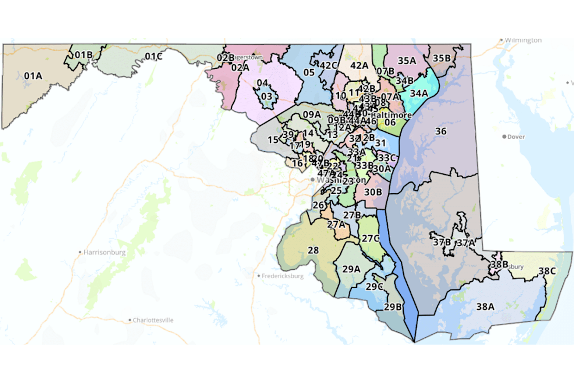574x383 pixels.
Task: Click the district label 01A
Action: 33,76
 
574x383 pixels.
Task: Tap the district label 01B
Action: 84,55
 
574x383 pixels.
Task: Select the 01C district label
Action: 153,56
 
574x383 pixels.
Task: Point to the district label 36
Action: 440,131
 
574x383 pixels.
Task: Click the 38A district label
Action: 485,306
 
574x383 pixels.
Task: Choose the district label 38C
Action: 547,271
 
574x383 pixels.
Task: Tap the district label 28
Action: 313,250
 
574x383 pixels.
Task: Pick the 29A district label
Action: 351,269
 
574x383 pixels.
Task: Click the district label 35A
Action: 407,60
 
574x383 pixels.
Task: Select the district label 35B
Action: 442,58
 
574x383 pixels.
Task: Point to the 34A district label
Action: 419,93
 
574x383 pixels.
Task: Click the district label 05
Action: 309,72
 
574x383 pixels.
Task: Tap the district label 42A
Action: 359,66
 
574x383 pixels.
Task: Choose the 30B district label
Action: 373,192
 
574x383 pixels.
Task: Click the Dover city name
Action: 516,137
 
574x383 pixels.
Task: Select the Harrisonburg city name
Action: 104,252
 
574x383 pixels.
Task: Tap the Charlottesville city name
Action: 153,320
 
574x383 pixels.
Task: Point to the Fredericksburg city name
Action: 283,276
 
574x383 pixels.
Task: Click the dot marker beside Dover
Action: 504,137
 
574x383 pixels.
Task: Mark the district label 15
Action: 273,140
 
